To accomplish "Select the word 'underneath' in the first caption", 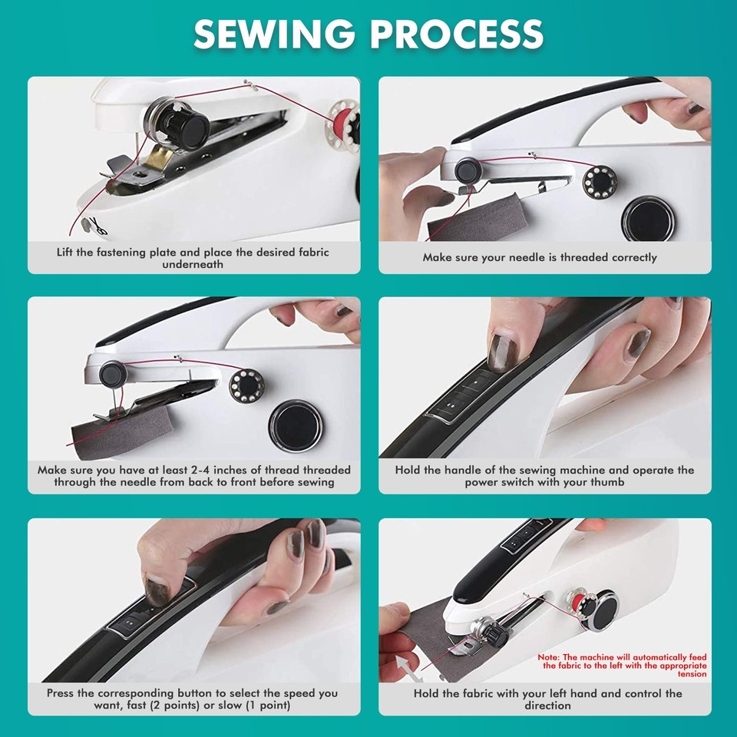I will point(193,264).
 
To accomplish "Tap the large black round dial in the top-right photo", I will point(649,217).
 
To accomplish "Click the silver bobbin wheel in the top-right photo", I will point(600,182).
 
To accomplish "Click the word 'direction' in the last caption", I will point(548,706).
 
